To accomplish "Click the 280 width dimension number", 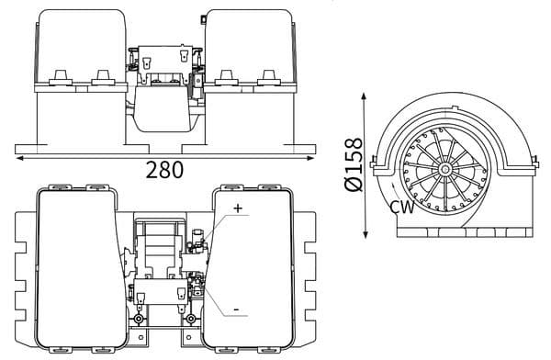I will tap(165, 170).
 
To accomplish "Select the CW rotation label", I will tap(400, 207).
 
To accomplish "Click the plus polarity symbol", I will tap(238, 209).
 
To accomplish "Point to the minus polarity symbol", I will tap(236, 310).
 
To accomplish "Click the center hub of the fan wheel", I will tap(444, 170).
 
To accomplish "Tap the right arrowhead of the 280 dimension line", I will tap(315, 157).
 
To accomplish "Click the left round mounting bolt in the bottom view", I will tap(139, 319).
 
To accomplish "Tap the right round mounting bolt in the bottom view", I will tap(189, 319).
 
